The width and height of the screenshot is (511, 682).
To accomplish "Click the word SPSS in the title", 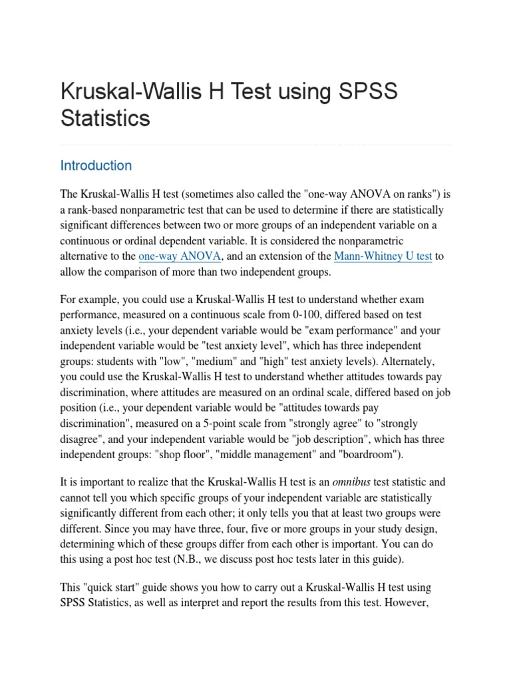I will point(365,91).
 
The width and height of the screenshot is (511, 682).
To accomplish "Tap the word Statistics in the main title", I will point(105,118).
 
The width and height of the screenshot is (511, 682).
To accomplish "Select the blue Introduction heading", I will point(96,165).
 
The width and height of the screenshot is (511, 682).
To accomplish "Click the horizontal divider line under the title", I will point(255,145).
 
